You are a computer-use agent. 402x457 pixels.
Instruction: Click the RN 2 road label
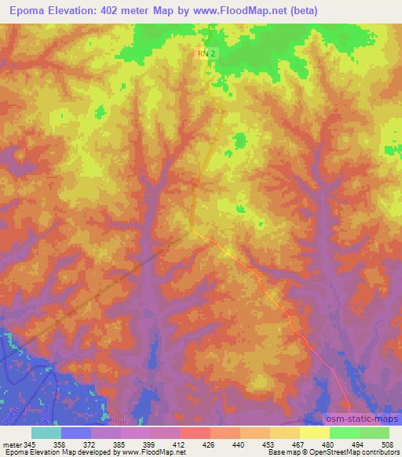click(x=205, y=53)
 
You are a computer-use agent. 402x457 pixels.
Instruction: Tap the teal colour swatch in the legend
click(x=46, y=432)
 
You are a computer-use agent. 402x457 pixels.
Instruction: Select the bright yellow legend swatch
click(x=315, y=432)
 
